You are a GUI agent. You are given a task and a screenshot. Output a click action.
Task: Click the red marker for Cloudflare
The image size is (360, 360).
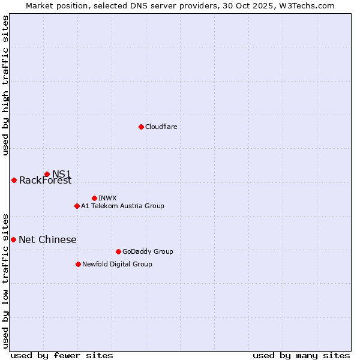[x=141, y=127]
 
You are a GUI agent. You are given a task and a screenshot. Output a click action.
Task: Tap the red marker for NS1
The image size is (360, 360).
[x=47, y=174]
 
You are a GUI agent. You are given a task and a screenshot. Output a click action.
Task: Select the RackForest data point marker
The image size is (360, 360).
[x=14, y=180]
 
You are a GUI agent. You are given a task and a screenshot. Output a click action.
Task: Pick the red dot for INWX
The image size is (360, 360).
[x=94, y=198]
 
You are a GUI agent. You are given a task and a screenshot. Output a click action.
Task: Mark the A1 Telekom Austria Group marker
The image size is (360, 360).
[x=77, y=206]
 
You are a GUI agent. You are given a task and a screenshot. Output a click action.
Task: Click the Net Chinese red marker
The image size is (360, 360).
[x=14, y=239]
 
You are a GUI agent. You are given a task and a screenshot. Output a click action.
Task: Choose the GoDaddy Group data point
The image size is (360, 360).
[x=118, y=251]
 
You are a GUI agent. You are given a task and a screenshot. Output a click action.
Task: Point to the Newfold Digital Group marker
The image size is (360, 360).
[x=78, y=264]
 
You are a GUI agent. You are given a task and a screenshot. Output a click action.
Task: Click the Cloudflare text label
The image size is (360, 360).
[x=161, y=127]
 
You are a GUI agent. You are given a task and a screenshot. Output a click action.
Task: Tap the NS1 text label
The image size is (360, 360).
[x=61, y=174]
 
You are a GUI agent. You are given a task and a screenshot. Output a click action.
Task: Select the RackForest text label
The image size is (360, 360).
[x=45, y=181]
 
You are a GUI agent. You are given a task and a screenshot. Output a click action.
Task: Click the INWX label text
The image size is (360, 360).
[x=107, y=198]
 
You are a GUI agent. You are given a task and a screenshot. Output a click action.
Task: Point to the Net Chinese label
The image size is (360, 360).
[x=47, y=240]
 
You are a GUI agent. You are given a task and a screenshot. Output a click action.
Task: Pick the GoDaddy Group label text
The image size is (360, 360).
[x=147, y=251]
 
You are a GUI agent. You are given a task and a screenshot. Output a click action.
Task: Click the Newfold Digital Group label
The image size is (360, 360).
[x=117, y=264]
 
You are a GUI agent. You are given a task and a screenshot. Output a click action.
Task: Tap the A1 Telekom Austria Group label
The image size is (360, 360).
[x=122, y=206]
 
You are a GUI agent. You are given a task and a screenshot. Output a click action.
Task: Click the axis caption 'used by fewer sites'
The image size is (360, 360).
[x=62, y=355]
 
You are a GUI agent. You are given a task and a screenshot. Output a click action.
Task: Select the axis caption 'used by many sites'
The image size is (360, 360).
[x=301, y=355]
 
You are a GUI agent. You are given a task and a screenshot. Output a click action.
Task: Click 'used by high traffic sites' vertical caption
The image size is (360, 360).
[x=5, y=85]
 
